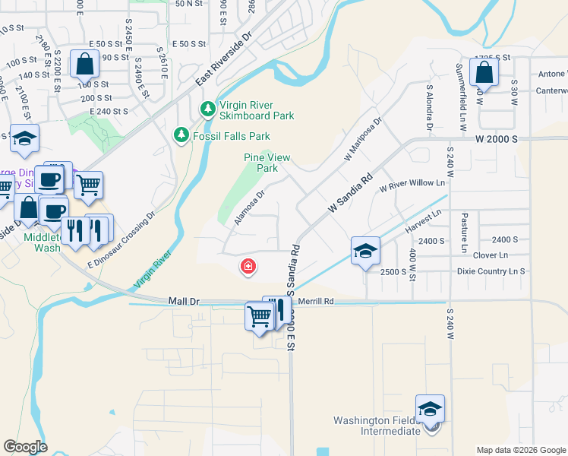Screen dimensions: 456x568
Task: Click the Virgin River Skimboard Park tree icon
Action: [207, 110]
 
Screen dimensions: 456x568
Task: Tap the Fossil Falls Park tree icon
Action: [181, 135]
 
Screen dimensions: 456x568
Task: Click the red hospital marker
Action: [248, 266]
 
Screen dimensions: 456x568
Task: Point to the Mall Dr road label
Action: [184, 302]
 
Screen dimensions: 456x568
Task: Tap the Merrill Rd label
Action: [316, 301]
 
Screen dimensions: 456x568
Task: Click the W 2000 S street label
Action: [497, 140]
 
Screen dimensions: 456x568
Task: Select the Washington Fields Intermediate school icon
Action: [430, 410]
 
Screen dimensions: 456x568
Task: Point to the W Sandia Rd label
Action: [351, 192]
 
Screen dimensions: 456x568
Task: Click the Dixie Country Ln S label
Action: [491, 271]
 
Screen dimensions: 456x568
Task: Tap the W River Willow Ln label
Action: [412, 184]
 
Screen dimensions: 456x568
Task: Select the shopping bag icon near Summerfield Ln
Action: [484, 72]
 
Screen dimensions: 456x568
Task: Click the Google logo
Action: [25, 447]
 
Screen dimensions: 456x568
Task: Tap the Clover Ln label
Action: [490, 255]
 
